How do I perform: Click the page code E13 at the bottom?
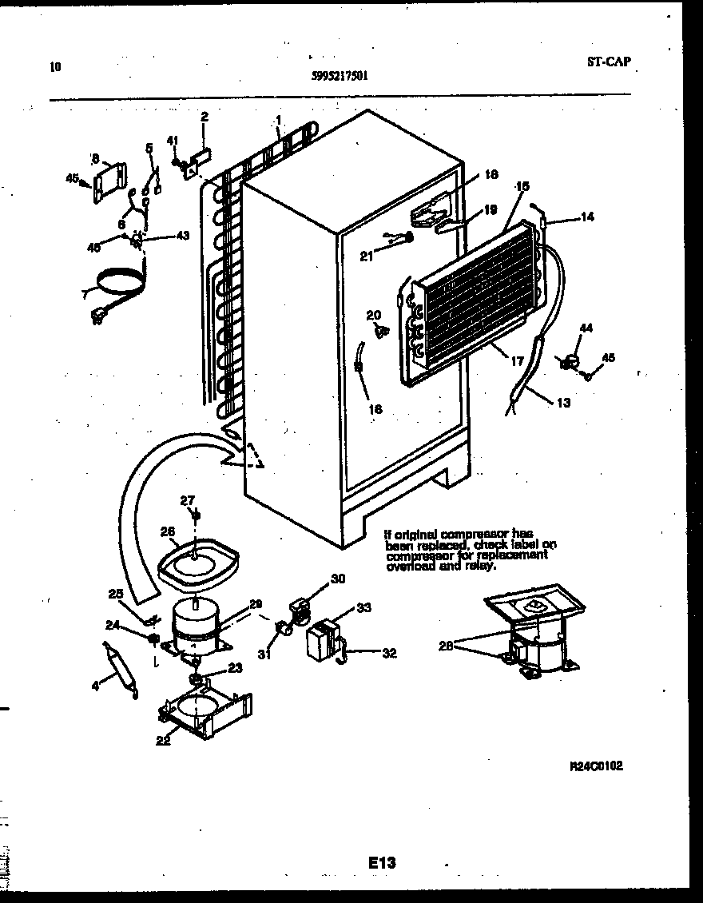(x=382, y=863)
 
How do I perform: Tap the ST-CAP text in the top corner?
(x=613, y=62)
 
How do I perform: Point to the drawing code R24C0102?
(x=595, y=766)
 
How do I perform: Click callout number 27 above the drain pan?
(x=187, y=501)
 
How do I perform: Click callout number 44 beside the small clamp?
(x=586, y=328)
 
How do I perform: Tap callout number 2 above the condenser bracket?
(x=204, y=117)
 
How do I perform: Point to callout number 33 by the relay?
(x=363, y=608)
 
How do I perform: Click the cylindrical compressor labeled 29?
(x=197, y=624)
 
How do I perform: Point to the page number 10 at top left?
(x=55, y=67)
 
